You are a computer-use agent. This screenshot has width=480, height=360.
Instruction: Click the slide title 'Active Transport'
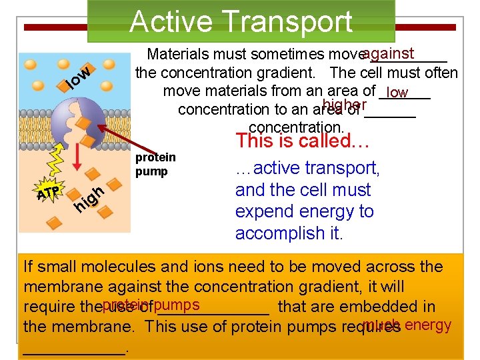coord(241,21)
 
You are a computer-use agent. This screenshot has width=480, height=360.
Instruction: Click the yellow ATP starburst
coord(48,193)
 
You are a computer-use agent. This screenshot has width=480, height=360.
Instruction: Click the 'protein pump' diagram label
coord(155,164)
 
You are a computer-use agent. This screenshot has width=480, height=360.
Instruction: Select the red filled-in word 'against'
coord(389,53)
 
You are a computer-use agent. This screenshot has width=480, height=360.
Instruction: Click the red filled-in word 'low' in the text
coord(397,93)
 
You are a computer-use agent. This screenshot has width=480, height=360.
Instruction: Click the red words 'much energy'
coord(407,325)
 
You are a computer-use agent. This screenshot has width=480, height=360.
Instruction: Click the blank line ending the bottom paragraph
coord(75,348)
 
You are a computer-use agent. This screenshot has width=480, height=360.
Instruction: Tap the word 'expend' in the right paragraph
coord(262,212)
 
